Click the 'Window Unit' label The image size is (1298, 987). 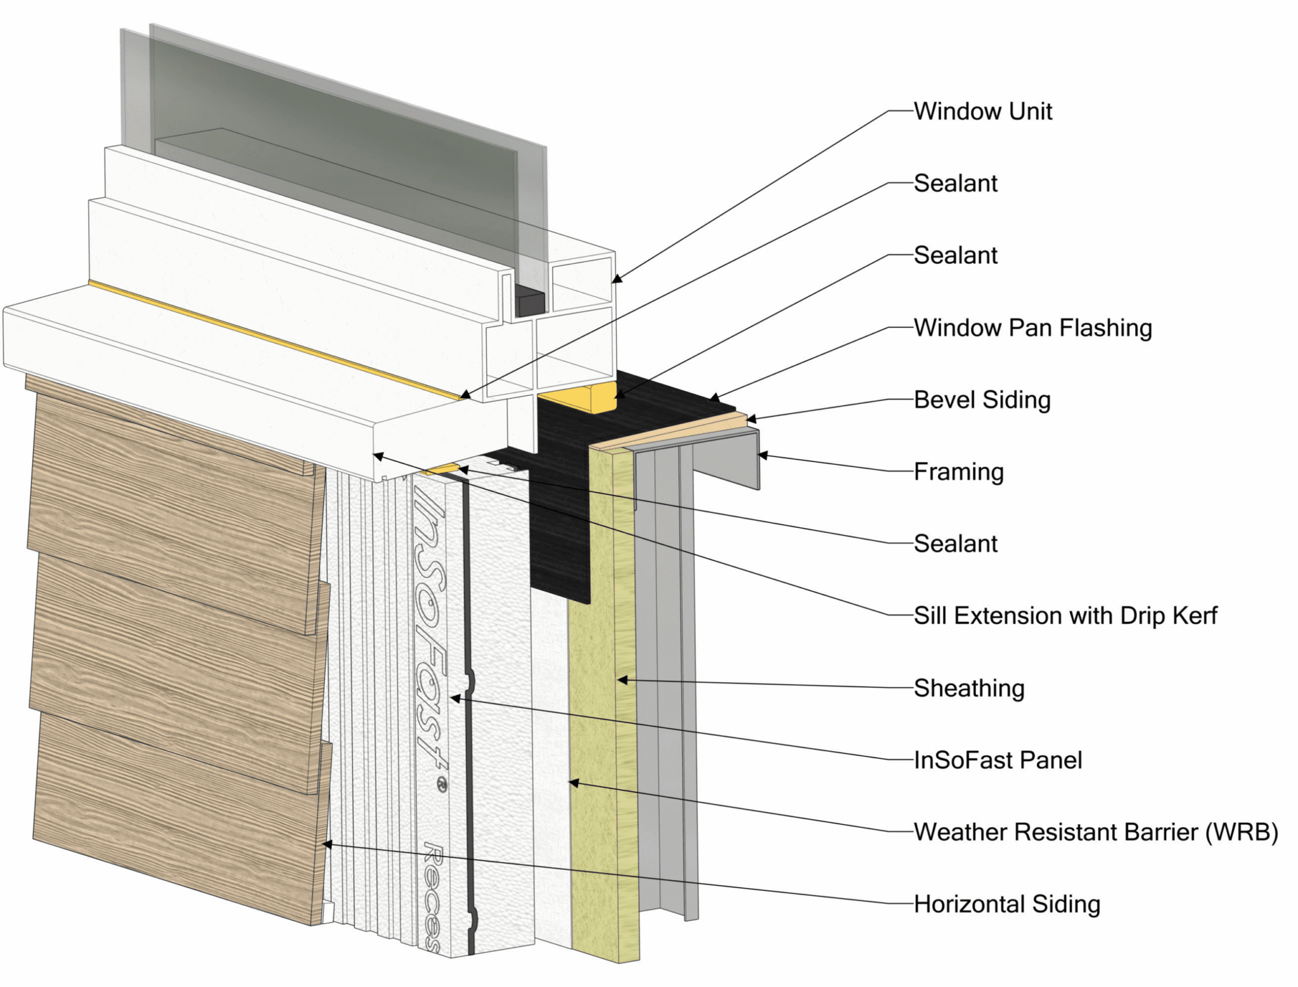point(982,112)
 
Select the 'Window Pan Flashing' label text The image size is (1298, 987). point(1032,328)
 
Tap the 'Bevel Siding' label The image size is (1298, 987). point(982,400)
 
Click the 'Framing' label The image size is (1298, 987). point(958,472)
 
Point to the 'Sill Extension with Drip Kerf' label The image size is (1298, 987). point(1065,616)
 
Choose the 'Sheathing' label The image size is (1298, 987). point(968,688)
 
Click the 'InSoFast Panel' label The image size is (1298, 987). point(998,760)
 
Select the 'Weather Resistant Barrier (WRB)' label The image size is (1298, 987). point(1095,832)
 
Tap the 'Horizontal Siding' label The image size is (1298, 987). point(1006,904)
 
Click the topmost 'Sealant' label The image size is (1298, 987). point(955,184)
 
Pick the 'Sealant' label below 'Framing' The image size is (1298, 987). point(955,544)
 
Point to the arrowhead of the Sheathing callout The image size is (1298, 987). point(622,680)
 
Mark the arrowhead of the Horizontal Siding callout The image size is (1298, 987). point(326,844)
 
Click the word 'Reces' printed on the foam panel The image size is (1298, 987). point(432,897)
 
